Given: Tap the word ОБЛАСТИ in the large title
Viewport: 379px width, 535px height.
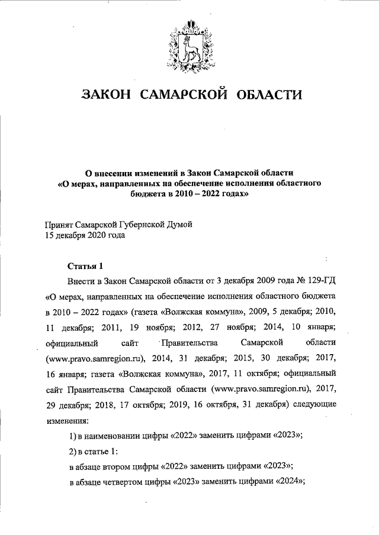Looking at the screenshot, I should coord(269,95).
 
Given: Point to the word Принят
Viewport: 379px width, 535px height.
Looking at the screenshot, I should coord(60,224).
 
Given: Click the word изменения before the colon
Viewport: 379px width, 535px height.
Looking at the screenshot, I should coord(66,423).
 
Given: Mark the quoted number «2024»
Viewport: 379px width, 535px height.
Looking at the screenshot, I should coord(288,482).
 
